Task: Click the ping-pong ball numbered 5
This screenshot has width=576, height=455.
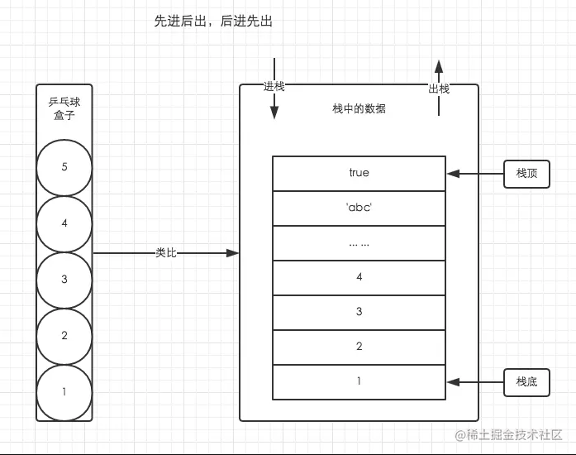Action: click(x=64, y=167)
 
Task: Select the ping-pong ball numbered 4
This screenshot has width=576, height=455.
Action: click(x=64, y=223)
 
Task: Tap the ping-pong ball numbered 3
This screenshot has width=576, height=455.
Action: click(x=64, y=280)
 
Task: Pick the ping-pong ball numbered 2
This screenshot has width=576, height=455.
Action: click(x=64, y=336)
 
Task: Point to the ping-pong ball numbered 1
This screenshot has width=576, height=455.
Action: click(x=64, y=391)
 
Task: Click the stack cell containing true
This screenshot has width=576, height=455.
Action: click(x=359, y=174)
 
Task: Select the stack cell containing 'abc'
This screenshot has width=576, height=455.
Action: click(x=359, y=208)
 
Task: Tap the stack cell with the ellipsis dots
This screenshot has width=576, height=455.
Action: click(x=359, y=243)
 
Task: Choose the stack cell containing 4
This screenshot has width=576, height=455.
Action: click(x=359, y=278)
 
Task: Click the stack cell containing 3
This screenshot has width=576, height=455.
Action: click(x=359, y=312)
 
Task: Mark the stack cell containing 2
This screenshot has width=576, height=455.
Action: click(x=359, y=347)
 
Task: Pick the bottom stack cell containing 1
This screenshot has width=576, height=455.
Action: click(x=359, y=381)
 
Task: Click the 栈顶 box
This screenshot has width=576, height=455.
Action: click(x=526, y=174)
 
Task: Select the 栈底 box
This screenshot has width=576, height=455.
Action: click(x=526, y=381)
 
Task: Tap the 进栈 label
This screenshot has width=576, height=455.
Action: click(x=274, y=87)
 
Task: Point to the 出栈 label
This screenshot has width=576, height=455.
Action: click(x=439, y=89)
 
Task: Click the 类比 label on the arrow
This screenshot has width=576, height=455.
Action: click(x=166, y=252)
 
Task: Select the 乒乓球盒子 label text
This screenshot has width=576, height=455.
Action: click(x=64, y=109)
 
